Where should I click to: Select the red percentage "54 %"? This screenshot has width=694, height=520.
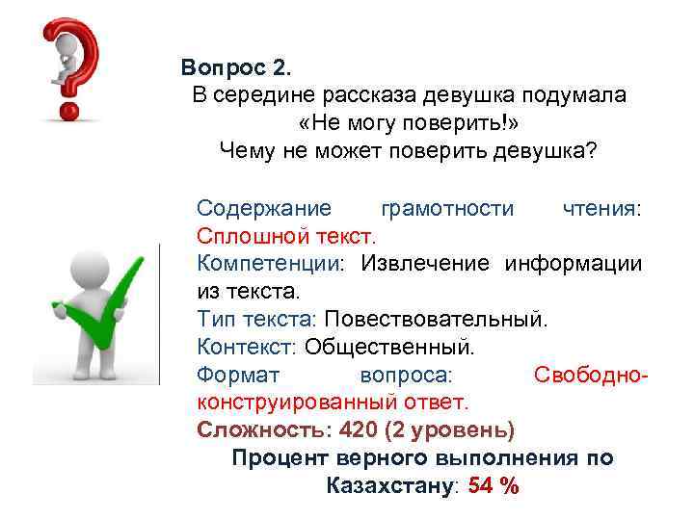pyautogui.click(x=494, y=485)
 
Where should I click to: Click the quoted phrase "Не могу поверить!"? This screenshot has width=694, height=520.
pyautogui.click(x=409, y=123)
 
